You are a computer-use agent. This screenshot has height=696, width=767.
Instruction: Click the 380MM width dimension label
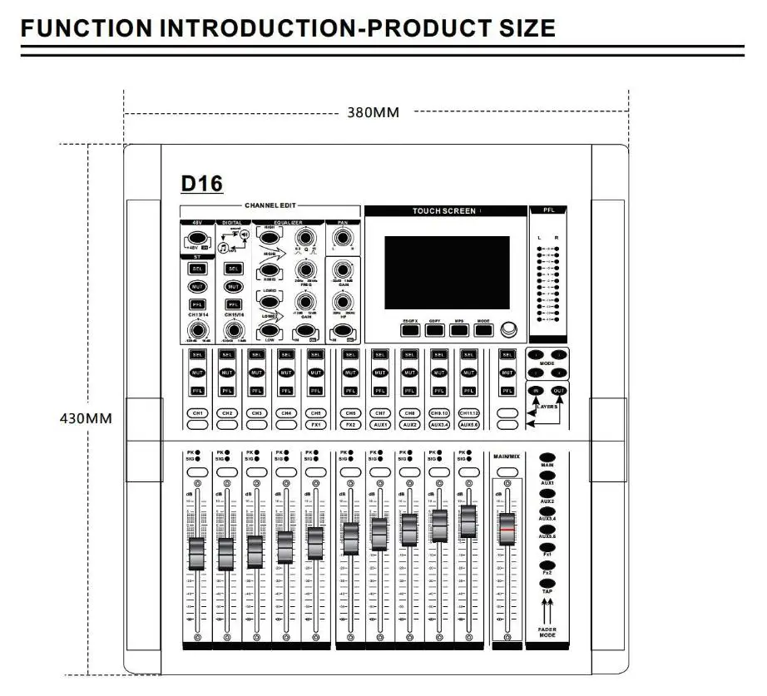[374, 112]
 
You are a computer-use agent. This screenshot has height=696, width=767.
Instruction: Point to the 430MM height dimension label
[85, 418]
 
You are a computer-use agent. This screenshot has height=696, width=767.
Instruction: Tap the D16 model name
[201, 183]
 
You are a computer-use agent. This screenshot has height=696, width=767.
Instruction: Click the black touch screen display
[447, 270]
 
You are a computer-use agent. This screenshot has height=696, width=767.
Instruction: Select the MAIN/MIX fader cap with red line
[507, 529]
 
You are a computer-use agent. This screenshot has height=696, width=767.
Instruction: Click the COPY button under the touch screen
[434, 329]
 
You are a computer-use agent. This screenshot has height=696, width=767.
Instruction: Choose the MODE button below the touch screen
[484, 329]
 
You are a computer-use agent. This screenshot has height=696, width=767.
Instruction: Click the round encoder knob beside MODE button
[509, 328]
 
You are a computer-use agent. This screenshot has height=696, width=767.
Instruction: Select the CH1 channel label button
[198, 413]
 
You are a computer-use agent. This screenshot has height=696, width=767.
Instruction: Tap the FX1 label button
[314, 425]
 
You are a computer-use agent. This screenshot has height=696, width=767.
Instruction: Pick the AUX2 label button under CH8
[409, 425]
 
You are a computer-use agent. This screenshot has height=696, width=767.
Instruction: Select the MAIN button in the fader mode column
[547, 457]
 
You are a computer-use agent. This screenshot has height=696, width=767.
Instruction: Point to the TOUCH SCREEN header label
[444, 211]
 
